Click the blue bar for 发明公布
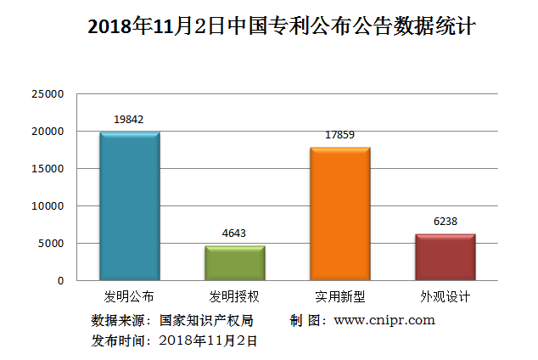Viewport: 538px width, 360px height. (x=129, y=206)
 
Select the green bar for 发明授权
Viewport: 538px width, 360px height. (x=235, y=263)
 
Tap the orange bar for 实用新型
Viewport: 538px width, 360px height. (x=340, y=214)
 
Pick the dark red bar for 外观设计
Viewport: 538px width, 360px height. (x=446, y=257)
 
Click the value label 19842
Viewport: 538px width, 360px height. (x=129, y=120)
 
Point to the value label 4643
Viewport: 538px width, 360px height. (x=234, y=233)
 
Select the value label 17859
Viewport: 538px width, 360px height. (x=339, y=134)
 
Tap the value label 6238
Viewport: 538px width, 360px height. (x=445, y=221)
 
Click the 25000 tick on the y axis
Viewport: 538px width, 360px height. (x=48, y=94)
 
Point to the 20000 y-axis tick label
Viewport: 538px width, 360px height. (x=48, y=132)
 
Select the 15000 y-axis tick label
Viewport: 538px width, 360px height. (x=48, y=169)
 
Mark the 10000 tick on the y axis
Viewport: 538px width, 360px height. (x=48, y=206)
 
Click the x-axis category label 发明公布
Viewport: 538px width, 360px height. (x=129, y=297)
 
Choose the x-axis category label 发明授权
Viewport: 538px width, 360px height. (x=234, y=297)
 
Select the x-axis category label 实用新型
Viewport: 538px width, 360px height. (x=339, y=297)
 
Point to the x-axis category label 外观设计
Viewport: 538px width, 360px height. (x=445, y=297)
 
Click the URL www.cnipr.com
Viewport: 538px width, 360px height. (x=384, y=320)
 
